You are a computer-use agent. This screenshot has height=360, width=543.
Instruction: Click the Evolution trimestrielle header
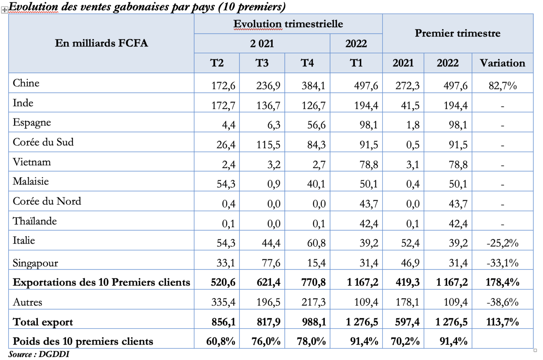pyautogui.click(x=288, y=24)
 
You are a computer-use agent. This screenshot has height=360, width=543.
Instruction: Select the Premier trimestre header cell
pyautogui.click(x=457, y=34)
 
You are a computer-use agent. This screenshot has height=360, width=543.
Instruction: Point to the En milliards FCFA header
pyautogui.click(x=101, y=43)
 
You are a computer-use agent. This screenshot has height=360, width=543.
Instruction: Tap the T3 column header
pyautogui.click(x=262, y=63)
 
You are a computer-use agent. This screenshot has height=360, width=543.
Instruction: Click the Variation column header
pyautogui.click(x=502, y=63)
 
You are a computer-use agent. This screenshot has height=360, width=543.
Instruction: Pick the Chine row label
pyautogui.click(x=26, y=83)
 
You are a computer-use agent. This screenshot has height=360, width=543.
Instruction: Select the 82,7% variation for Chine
pyautogui.click(x=502, y=85)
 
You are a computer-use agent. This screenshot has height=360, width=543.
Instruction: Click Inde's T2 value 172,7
pyautogui.click(x=223, y=105)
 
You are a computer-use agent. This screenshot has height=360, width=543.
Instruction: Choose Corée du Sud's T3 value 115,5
pyautogui.click(x=268, y=144)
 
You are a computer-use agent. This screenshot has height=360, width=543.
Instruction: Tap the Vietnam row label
pyautogui.click(x=32, y=162)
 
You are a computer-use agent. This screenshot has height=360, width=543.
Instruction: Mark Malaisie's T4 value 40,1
pyautogui.click(x=314, y=184)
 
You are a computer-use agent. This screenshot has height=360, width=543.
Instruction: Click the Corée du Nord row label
pyautogui.click(x=47, y=201)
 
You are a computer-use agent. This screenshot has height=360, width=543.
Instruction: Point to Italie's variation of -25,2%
pyautogui.click(x=502, y=243)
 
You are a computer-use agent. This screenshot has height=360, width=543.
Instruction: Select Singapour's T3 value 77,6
pyautogui.click(x=271, y=262)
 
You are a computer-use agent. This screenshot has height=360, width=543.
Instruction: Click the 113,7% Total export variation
pyautogui.click(x=502, y=321)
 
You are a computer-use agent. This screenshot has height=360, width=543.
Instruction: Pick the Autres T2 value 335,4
pyautogui.click(x=223, y=302)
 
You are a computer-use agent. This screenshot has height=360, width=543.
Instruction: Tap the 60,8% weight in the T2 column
pyautogui.click(x=221, y=341)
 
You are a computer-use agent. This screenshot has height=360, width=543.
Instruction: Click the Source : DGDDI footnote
pyautogui.click(x=39, y=354)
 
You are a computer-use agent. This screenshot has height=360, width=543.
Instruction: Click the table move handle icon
pyautogui.click(x=5, y=10)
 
